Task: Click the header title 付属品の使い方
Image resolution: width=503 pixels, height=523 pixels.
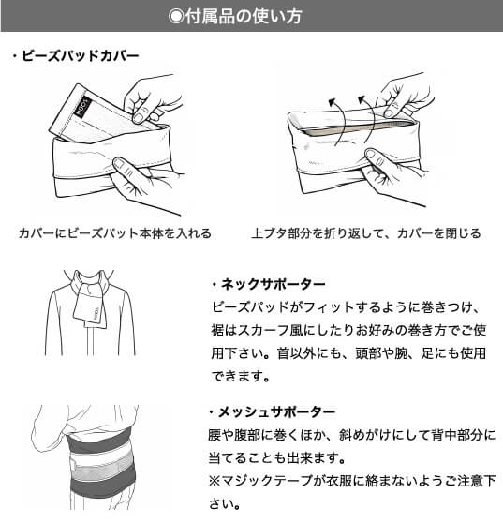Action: click(x=260, y=16)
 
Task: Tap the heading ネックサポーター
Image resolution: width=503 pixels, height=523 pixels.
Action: click(x=272, y=284)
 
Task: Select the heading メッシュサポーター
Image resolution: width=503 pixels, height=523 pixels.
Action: click(x=277, y=412)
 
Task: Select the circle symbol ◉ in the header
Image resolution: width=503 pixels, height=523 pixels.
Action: click(x=175, y=16)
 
